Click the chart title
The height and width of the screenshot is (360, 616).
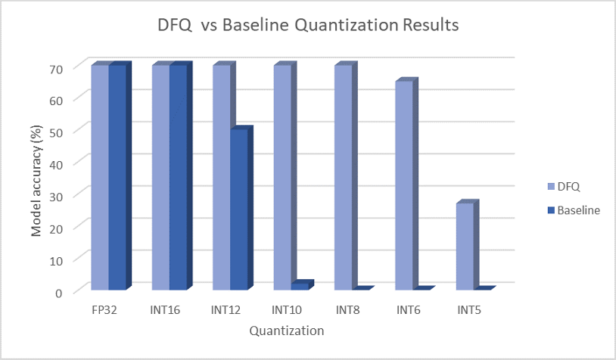[x=307, y=25]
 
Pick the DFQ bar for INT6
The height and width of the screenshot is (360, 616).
[x=403, y=185]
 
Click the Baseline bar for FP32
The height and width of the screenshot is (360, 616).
[x=117, y=177]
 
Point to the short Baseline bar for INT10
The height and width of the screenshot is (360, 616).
[x=300, y=286]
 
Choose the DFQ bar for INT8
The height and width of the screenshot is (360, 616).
[x=343, y=177]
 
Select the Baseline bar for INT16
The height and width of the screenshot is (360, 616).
[x=178, y=177]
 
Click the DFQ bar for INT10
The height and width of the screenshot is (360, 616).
[x=282, y=177]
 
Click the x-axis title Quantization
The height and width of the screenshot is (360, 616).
[x=288, y=331]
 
